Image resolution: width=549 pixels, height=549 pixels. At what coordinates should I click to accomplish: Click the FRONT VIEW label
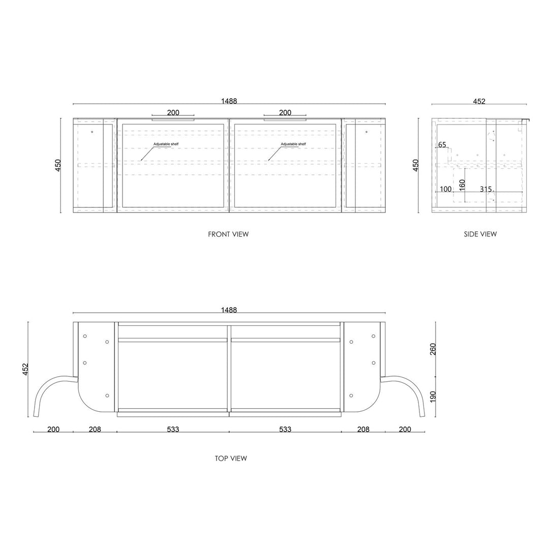point(228,234)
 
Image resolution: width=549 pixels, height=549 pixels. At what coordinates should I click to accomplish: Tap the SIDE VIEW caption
point(480,234)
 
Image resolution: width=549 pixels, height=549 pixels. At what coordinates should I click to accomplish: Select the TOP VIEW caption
point(231,459)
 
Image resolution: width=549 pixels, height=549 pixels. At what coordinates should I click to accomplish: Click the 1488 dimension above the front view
point(229,101)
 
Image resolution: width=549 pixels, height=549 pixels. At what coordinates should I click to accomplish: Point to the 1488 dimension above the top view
point(229,310)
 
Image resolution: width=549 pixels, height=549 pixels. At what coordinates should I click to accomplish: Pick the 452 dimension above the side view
point(479,101)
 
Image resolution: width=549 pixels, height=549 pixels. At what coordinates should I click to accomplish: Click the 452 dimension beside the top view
point(25,370)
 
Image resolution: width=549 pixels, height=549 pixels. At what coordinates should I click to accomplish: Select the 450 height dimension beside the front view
point(58,165)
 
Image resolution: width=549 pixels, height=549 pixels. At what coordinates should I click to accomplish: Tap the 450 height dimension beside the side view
point(416,165)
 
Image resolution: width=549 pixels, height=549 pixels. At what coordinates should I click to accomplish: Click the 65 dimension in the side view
point(442,144)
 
